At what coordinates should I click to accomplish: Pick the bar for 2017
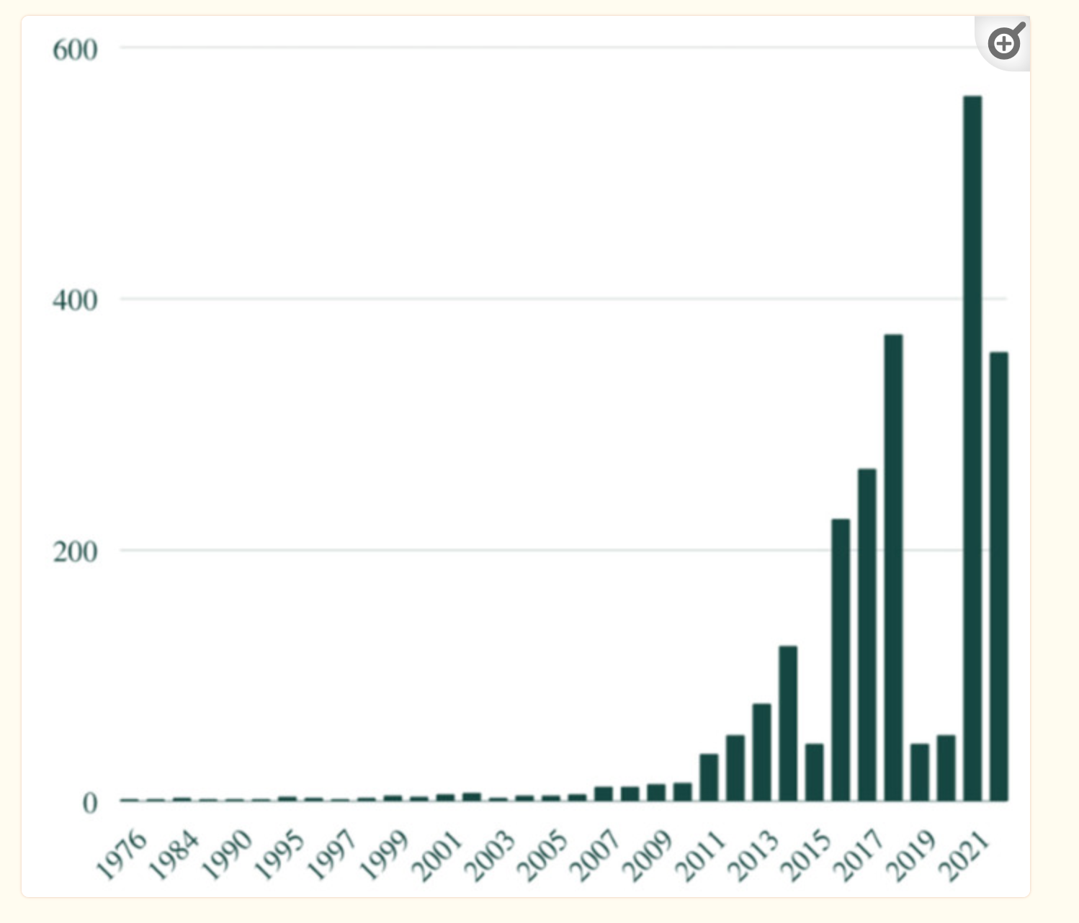point(867,634)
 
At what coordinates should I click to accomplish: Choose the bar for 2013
point(761,752)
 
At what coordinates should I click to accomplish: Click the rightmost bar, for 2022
point(999,576)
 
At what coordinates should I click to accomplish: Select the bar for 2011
point(709,777)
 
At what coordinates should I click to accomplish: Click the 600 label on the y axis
point(75,50)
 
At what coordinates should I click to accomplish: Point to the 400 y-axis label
point(75,300)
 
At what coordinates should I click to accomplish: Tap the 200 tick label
point(75,552)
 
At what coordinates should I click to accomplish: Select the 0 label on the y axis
point(89,803)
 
